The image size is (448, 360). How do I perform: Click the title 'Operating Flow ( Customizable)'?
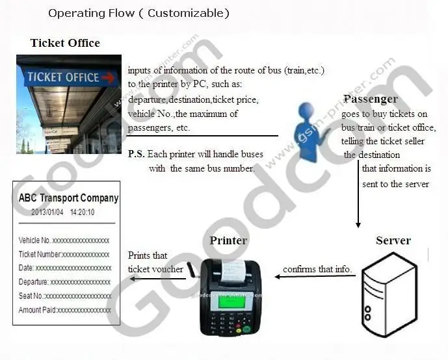click(x=138, y=13)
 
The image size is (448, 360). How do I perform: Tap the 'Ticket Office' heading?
click(x=65, y=44)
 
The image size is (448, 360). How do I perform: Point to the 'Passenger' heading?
click(x=370, y=99)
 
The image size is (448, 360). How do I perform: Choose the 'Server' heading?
click(x=393, y=240)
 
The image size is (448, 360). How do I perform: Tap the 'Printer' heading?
click(x=228, y=240)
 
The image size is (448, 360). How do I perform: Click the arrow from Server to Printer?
click(x=315, y=276)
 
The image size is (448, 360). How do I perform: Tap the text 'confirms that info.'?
click(x=317, y=269)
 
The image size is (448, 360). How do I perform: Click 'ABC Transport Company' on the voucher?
click(x=68, y=198)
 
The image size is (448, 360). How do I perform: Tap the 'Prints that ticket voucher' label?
click(x=155, y=262)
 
